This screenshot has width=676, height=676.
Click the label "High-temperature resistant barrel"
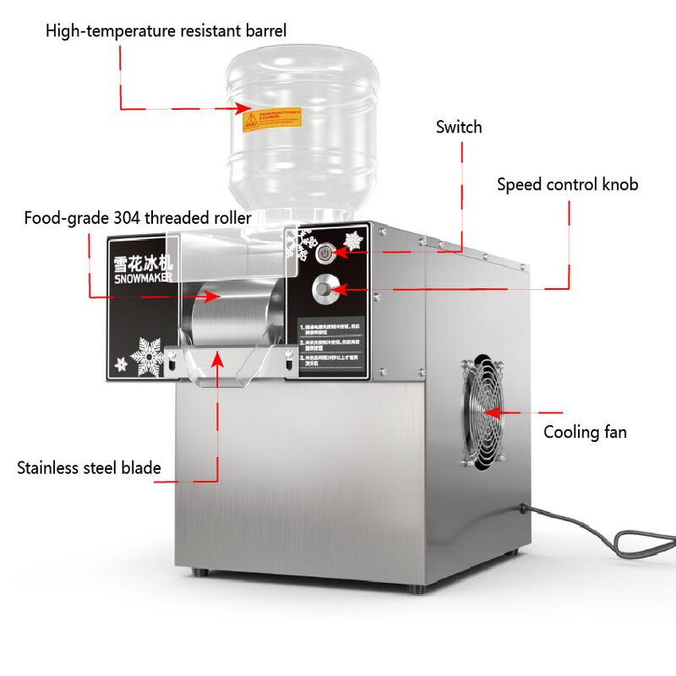pos(166,31)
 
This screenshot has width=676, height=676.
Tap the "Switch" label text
pos(459,128)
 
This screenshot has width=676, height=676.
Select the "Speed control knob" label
pos(567,184)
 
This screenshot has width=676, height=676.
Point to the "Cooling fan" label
pos(585,433)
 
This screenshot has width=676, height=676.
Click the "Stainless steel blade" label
pos(89,467)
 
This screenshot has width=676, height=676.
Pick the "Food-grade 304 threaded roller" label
pos(138,218)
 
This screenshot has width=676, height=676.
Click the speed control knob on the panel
pos(324,290)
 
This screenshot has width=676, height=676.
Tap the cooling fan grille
pos(483,412)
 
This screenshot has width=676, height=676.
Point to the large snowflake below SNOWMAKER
pos(146,357)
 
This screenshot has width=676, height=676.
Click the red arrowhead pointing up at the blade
pos(218,359)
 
